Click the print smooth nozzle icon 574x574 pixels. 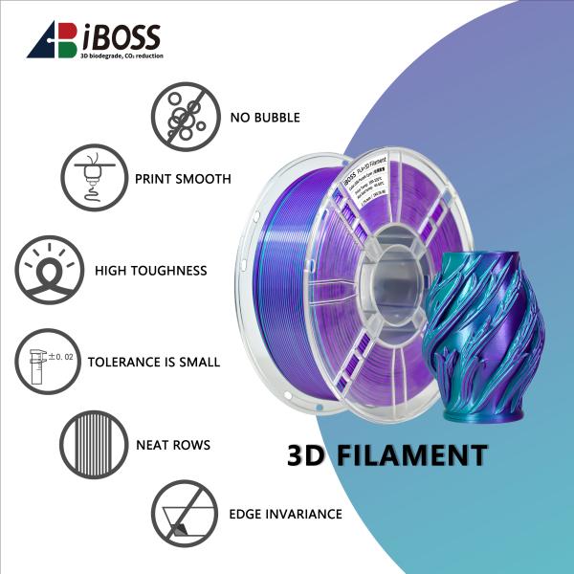tap(93, 178)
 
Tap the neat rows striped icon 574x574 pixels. tap(93, 445)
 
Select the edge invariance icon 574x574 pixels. tap(184, 514)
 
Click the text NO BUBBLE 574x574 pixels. tap(265, 118)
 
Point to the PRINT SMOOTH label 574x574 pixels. tap(183, 179)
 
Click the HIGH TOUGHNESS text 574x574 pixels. tap(150, 271)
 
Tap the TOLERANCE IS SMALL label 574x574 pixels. tap(153, 363)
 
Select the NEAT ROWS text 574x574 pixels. tap(173, 445)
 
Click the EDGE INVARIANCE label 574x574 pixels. tap(285, 514)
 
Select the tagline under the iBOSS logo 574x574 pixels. tap(121, 57)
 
